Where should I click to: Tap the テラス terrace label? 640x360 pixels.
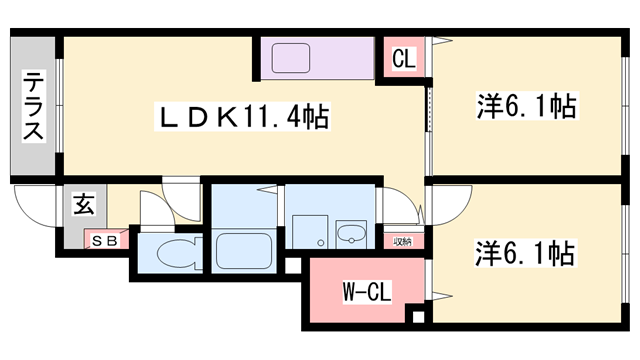click(x=34, y=106)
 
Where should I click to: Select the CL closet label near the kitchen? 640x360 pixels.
click(x=403, y=59)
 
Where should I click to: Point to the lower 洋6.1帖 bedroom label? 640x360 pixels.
click(x=525, y=254)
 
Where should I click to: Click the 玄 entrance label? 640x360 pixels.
click(x=83, y=206)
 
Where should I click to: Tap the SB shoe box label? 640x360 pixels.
click(x=104, y=241)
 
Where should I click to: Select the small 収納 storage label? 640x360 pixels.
click(x=402, y=241)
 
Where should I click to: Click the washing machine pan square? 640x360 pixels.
click(x=308, y=229)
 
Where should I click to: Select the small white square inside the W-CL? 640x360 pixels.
click(x=418, y=319)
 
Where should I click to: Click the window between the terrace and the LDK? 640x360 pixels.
click(x=60, y=106)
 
